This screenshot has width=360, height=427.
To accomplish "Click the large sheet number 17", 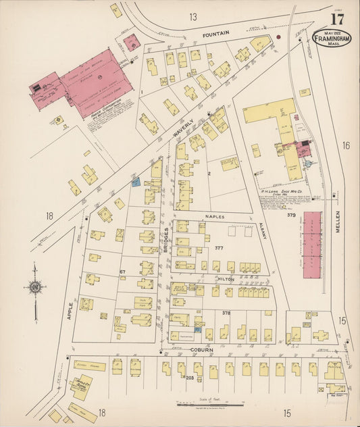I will click(337, 20).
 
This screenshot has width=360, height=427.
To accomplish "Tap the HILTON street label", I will click(225, 278).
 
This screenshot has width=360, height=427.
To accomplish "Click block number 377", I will click(218, 248).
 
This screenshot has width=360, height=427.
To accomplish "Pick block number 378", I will click(226, 313).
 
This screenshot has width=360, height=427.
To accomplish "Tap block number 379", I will click(291, 216).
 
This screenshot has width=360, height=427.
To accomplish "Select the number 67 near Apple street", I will click(123, 271).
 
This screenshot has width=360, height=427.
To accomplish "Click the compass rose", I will click(35, 286).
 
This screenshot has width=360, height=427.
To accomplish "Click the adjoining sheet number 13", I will click(193, 16).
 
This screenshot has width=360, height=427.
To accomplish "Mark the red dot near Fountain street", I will click(278, 36).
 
